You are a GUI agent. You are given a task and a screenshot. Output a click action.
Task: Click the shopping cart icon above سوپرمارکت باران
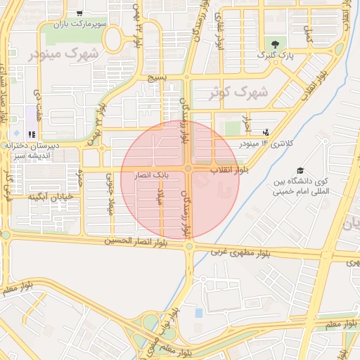point(79,13)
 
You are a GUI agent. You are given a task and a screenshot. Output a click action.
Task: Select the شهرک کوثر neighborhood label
point(239,92)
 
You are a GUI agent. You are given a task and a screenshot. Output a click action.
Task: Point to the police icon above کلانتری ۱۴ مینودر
point(265,131)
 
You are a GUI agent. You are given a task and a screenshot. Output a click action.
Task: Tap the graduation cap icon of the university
point(301,171)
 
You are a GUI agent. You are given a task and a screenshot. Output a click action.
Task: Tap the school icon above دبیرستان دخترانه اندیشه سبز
point(31,134)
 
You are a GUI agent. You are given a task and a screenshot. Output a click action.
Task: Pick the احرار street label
point(245,122)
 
